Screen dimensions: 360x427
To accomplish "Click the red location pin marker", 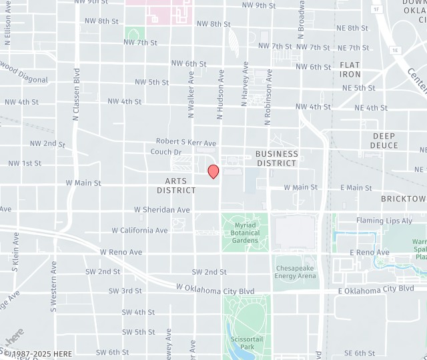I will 213,171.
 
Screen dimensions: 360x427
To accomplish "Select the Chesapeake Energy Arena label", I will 295,271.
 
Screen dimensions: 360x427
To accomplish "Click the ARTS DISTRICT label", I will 176,185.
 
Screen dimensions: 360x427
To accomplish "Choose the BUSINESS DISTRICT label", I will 276,158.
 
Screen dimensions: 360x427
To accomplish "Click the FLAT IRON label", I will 350,69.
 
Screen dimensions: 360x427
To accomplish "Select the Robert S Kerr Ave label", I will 186,143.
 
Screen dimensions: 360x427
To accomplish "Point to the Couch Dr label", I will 165,152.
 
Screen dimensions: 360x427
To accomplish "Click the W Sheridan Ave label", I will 161,209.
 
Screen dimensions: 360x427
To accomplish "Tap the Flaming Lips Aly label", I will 384,221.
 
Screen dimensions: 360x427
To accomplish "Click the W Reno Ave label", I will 121,253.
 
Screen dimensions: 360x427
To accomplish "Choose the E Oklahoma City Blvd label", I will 376,289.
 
